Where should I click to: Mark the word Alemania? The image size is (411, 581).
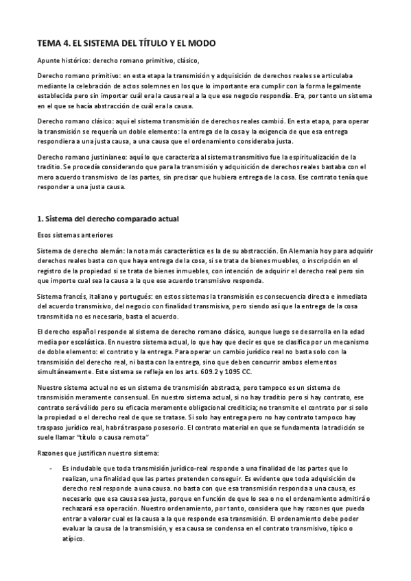(297, 250)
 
